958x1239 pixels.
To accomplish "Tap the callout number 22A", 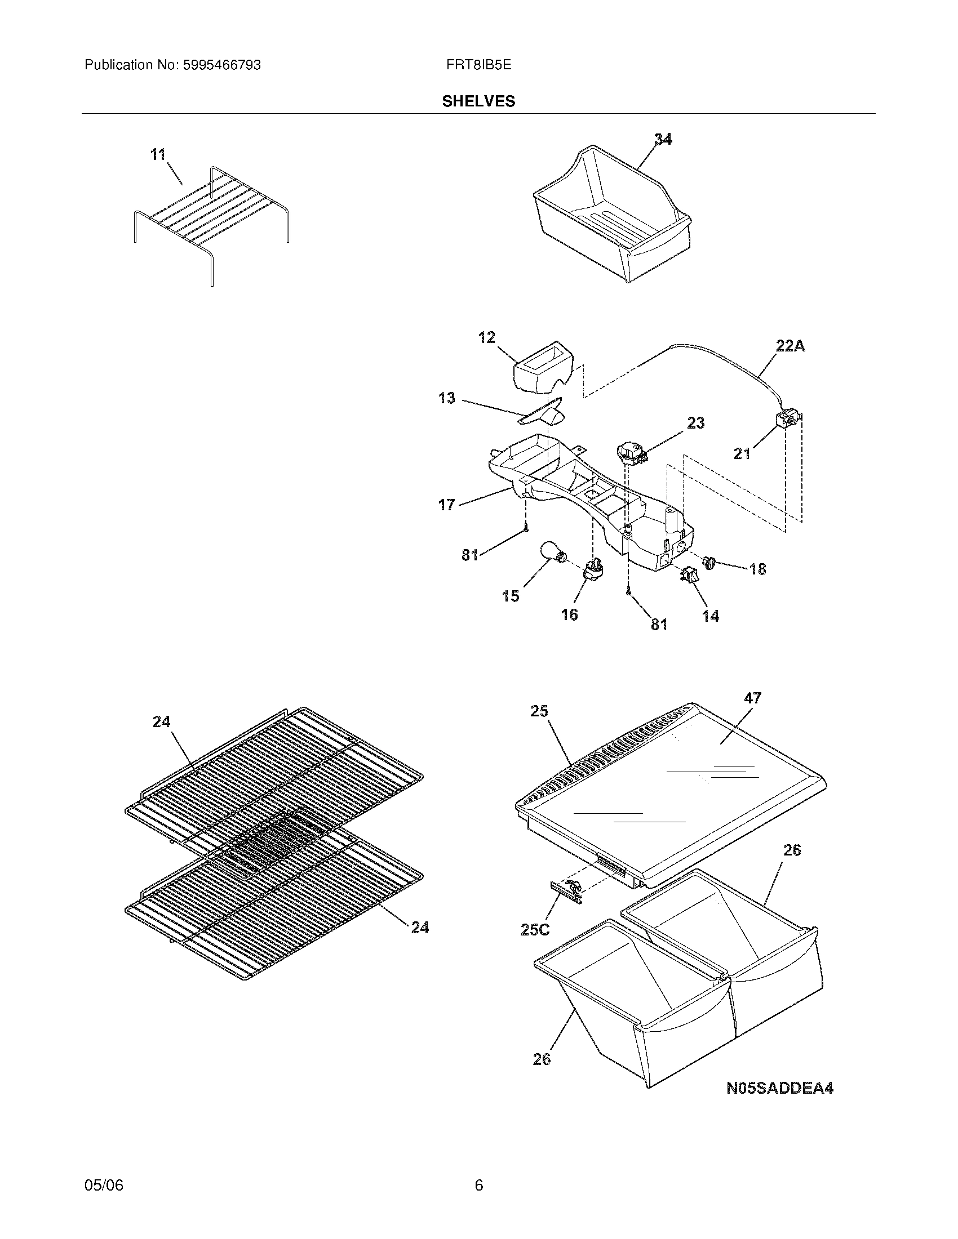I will (x=790, y=346).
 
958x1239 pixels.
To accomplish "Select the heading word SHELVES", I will (x=478, y=101).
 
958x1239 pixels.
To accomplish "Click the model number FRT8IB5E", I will (x=478, y=65).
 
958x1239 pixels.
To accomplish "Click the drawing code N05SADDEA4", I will (x=780, y=1088).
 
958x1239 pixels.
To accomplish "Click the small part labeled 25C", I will (x=565, y=892).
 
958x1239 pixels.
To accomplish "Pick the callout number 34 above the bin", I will (x=663, y=139).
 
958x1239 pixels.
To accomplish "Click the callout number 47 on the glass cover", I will (x=752, y=698).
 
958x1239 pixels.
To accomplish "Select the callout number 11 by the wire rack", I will (x=158, y=154).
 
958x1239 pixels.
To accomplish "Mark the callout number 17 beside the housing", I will (x=447, y=504).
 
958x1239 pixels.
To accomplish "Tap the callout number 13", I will (x=447, y=398).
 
